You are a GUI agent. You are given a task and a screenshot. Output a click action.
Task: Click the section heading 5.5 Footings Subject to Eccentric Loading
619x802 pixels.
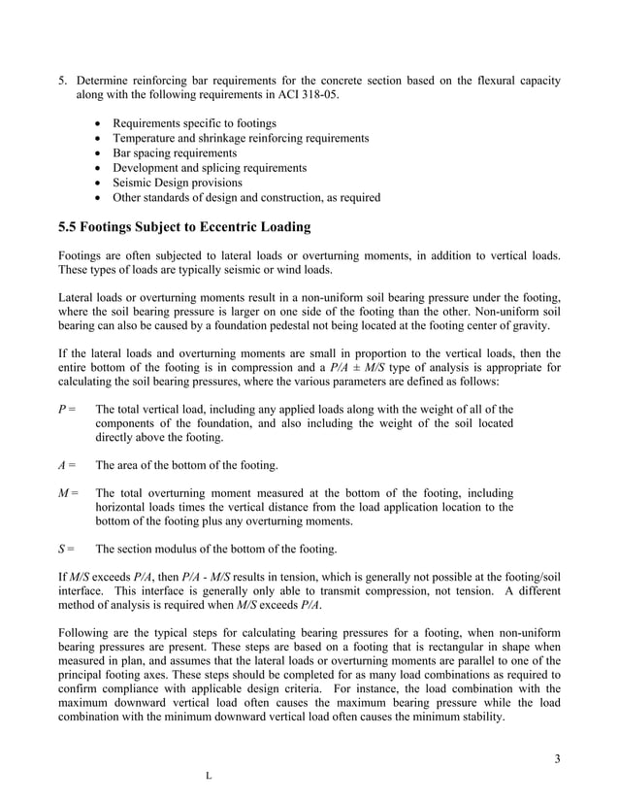184,228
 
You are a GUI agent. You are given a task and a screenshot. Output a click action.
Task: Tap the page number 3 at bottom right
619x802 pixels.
557,758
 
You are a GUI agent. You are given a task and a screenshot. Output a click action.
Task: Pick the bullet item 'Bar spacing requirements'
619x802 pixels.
175,153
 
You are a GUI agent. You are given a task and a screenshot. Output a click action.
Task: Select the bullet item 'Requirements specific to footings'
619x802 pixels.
194,123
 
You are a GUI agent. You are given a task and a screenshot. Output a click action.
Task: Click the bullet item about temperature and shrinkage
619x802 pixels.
241,139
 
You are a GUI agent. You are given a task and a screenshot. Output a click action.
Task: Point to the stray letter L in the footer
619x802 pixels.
209,777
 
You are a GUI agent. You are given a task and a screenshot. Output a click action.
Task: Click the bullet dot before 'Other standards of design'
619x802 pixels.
102,198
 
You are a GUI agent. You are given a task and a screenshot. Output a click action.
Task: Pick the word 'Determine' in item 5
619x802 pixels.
105,80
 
